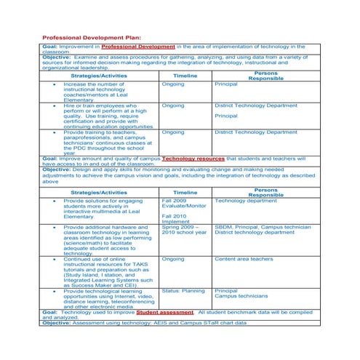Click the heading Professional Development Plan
91,37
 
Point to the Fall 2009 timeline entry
175,200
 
